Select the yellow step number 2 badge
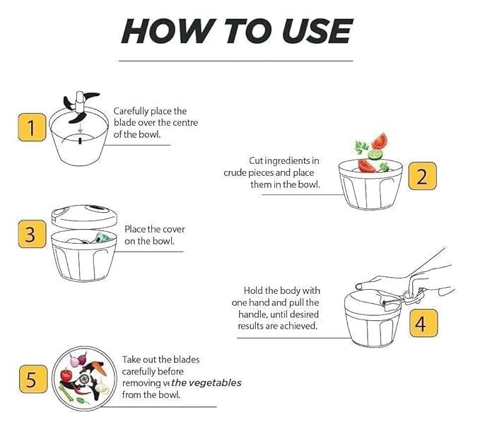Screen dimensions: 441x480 (421, 176)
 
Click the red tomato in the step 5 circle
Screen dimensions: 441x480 (67, 375)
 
